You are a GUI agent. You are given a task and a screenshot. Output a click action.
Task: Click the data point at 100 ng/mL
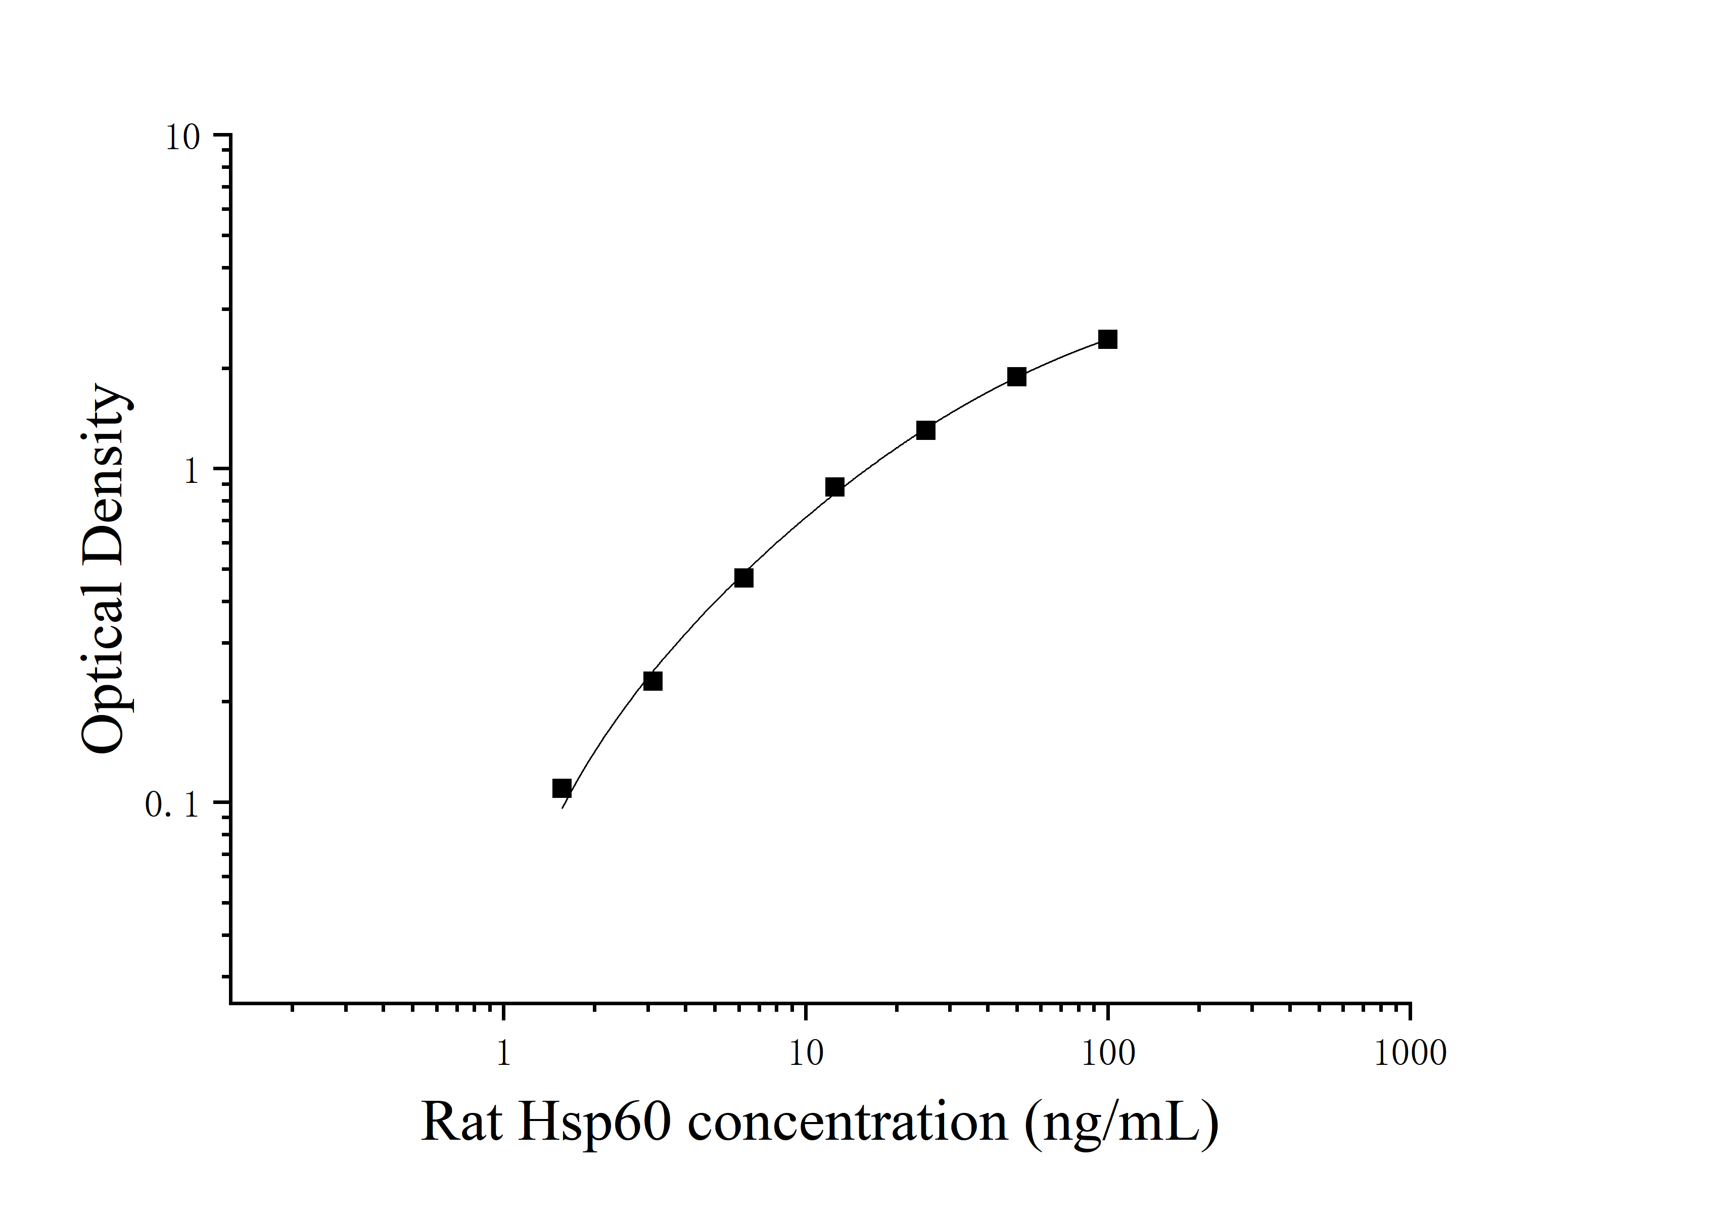pyautogui.click(x=1108, y=339)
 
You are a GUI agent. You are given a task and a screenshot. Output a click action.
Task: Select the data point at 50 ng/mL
pyautogui.click(x=1016, y=377)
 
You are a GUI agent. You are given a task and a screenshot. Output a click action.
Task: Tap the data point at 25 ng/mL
pyautogui.click(x=926, y=430)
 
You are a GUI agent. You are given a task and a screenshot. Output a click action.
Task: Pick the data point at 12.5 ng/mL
pyautogui.click(x=835, y=487)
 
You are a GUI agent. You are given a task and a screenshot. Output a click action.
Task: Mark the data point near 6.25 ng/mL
pyautogui.click(x=743, y=578)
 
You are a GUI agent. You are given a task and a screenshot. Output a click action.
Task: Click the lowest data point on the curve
pyautogui.click(x=562, y=788)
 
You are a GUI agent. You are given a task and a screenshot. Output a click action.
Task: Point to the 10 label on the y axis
pyautogui.click(x=182, y=138)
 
